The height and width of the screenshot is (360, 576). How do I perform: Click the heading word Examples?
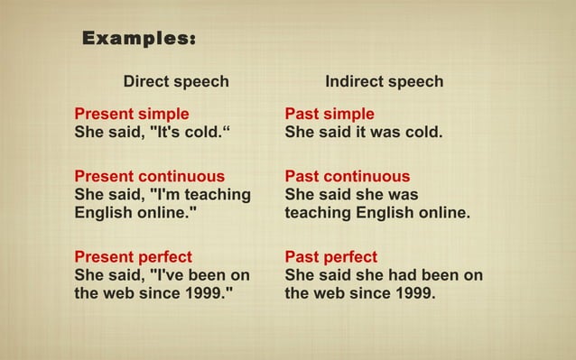point(139,39)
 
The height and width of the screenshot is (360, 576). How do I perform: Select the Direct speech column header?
point(176,82)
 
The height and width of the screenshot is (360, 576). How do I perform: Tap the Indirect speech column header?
point(384,82)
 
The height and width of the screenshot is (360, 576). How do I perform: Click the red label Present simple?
point(132,115)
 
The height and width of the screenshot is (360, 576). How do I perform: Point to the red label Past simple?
point(330,115)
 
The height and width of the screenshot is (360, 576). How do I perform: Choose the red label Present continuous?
point(150,177)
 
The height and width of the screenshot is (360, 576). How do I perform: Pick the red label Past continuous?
point(348,177)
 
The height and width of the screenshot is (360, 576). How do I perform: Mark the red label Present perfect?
point(133,257)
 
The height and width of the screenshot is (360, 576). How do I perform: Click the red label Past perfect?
point(331,257)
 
